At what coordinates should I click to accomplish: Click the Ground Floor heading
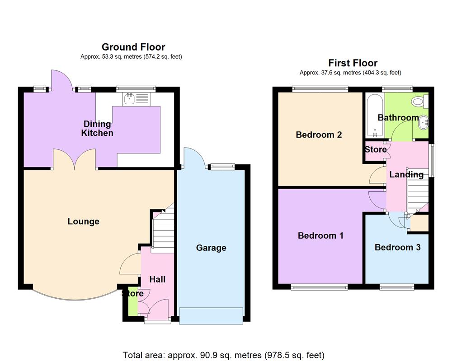coord(133,47)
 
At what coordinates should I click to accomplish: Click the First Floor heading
coord(353,63)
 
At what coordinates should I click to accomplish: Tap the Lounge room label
coord(83,222)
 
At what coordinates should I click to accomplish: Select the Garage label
coord(211,248)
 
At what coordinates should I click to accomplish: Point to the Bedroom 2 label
coord(319,134)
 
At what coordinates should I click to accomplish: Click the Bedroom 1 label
coord(320,236)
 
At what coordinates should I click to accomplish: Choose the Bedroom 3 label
coord(397,247)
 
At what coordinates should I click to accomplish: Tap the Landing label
coord(406,175)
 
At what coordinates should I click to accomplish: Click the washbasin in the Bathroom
coord(424,122)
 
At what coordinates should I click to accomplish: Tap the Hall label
coord(157,279)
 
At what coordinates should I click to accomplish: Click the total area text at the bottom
coord(223,355)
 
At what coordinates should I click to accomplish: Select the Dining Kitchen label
coord(97,129)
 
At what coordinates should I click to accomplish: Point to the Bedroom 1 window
coord(319,287)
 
